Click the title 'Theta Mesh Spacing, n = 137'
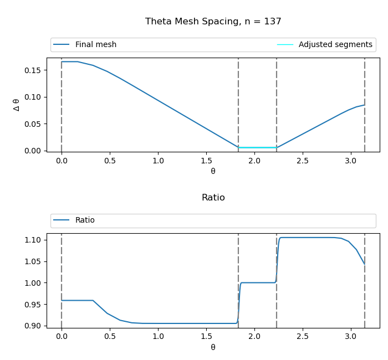pyautogui.click(x=213, y=22)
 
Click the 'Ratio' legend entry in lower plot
pyautogui.click(x=85, y=220)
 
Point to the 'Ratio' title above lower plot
pyautogui.click(x=213, y=198)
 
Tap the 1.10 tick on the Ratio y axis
pyautogui.click(x=32, y=240)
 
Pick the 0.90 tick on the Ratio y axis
pyautogui.click(x=32, y=326)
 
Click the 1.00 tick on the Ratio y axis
pyautogui.click(x=32, y=283)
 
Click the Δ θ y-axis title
pyautogui.click(x=16, y=105)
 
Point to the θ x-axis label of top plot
pyautogui.click(x=213, y=172)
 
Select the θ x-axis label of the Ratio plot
pyautogui.click(x=213, y=347)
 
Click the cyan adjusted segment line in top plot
pyautogui.click(x=257, y=147)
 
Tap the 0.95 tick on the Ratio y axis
pyautogui.click(x=32, y=305)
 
